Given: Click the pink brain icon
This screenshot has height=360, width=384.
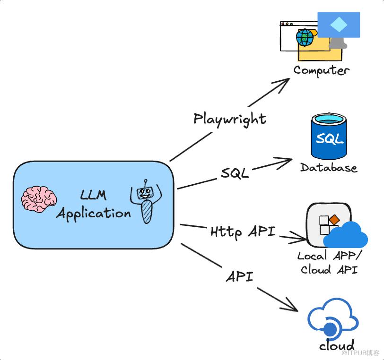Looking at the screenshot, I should point(39,198).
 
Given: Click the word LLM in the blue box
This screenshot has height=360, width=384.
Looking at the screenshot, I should point(93,194).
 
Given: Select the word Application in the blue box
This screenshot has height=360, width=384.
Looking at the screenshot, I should point(94,213).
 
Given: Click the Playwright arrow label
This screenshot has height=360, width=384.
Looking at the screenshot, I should point(230,119).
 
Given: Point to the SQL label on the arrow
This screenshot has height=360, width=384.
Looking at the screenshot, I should point(235,173).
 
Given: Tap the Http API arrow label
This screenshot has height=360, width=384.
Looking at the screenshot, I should point(243,231).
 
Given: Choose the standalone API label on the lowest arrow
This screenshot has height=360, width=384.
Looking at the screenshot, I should point(239,276).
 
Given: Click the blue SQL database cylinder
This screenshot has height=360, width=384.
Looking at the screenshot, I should point(328,136).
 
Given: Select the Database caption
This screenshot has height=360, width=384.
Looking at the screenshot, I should point(329,168).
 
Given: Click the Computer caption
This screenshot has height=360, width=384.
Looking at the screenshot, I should point(322,70).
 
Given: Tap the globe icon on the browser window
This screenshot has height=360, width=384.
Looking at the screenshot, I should point(305,37).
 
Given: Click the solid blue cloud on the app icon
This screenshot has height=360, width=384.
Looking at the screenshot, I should point(346,235).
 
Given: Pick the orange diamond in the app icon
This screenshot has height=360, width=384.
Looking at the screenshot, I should point(334,219).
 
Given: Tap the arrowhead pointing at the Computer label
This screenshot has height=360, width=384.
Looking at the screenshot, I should point(284,83).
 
